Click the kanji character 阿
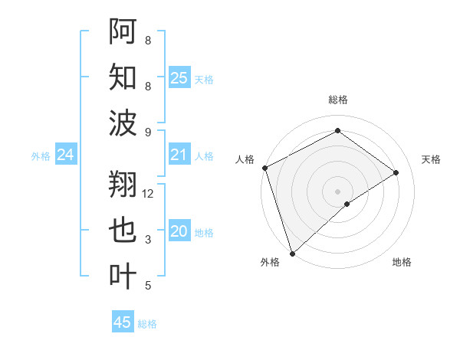click(123, 31)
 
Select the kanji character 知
click(123, 77)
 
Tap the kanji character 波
click(123, 123)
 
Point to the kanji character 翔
click(123, 184)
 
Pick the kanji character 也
click(123, 231)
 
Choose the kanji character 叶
click(123, 277)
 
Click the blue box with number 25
click(179, 77)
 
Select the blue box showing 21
click(179, 155)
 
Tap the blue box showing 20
click(179, 232)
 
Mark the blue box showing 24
click(66, 155)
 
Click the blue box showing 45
click(123, 322)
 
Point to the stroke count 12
click(149, 194)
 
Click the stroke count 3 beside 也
click(148, 240)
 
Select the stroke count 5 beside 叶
click(148, 286)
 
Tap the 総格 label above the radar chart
click(338, 100)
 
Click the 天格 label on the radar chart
click(431, 159)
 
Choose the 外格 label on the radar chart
click(270, 262)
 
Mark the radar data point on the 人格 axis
click(264, 168)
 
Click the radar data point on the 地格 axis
click(347, 204)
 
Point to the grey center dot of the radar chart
click(338, 191)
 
